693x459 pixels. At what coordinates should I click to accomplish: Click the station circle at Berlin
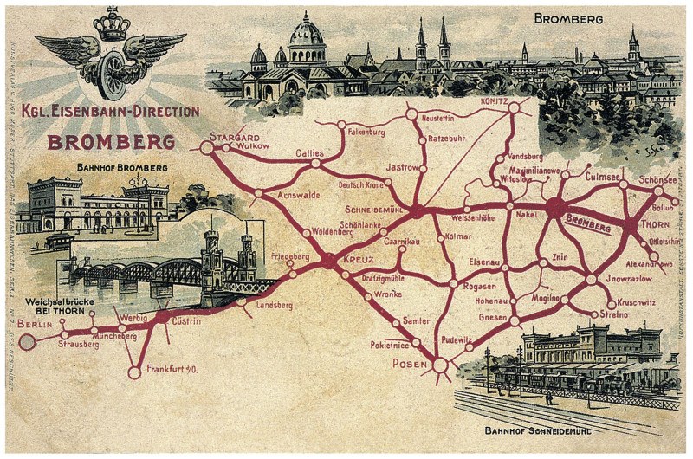[28, 342]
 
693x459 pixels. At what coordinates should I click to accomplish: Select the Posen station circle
[440, 365]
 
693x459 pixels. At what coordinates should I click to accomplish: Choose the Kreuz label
[358, 259]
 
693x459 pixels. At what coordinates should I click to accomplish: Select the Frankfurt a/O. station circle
[133, 373]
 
